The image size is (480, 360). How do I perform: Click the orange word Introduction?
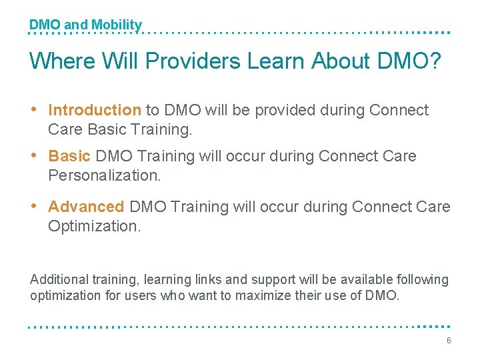[94, 110]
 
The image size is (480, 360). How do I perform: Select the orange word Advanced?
[86, 207]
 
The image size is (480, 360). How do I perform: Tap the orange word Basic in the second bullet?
[69, 156]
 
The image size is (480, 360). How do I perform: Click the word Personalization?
[104, 175]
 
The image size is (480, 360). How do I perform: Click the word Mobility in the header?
[117, 25]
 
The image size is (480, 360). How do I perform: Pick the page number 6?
[449, 341]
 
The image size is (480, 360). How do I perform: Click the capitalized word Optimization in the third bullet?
[94, 226]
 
